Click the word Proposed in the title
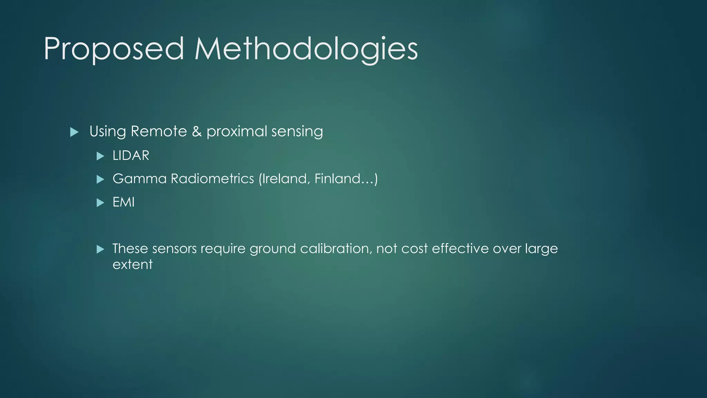pos(114,49)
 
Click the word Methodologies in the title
pos(306,49)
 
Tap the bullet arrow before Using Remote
pos(74,132)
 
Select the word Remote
pos(158,131)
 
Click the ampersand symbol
pos(197,131)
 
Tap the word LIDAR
pos(131,155)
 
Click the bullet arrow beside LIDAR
pos(100,156)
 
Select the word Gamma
pos(139,179)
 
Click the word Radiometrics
pos(212,179)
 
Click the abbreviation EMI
pos(124,202)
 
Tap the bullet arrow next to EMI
pos(100,203)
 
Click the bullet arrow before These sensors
pos(100,249)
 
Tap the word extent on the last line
pos(133,264)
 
